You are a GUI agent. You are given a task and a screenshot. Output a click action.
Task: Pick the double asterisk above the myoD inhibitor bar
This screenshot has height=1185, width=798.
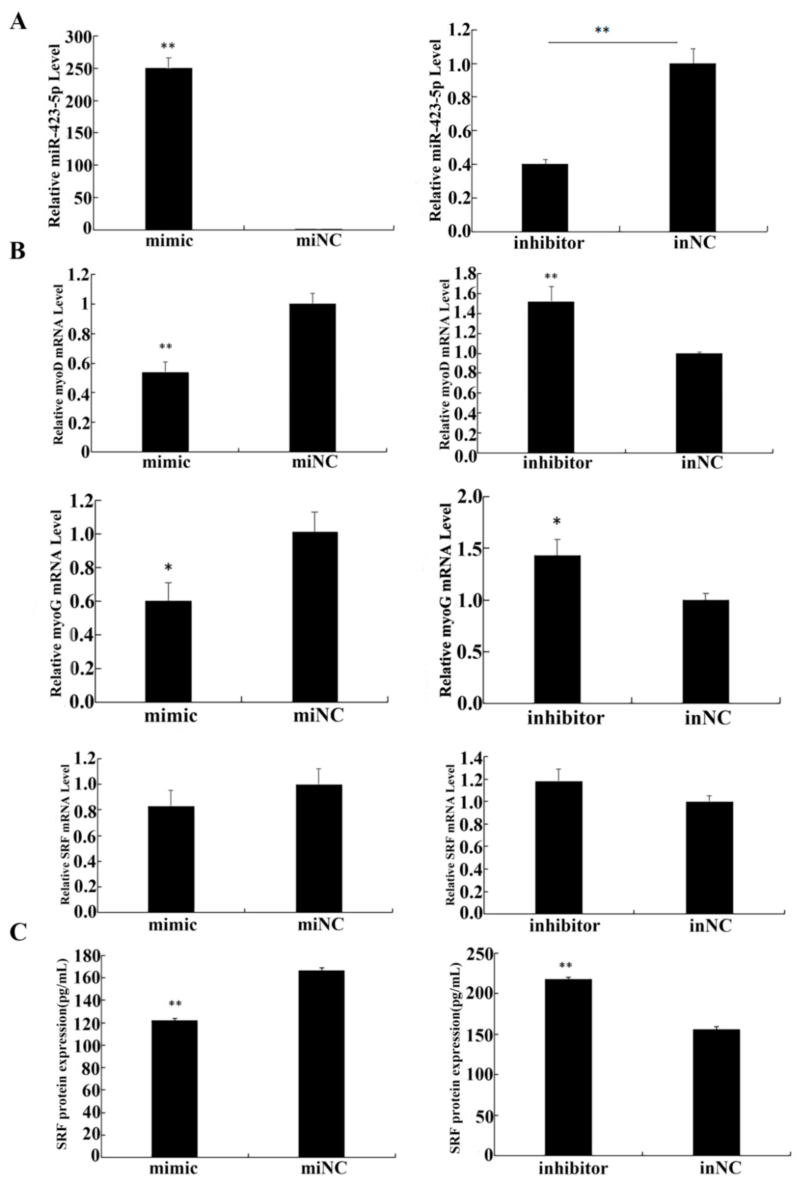pyautogui.click(x=551, y=277)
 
